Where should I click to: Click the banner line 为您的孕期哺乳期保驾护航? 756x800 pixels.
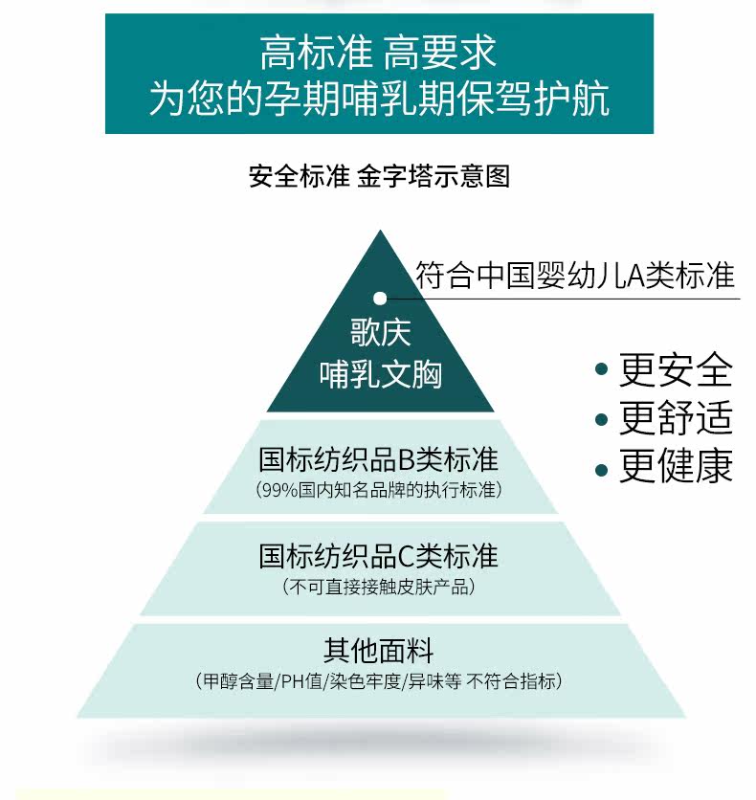[x=378, y=99]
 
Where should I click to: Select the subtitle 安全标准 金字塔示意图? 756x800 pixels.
[x=379, y=177]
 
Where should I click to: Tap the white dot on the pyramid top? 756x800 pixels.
[x=380, y=299]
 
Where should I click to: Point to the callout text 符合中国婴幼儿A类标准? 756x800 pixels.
[x=575, y=276]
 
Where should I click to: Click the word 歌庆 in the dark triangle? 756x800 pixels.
[x=380, y=333]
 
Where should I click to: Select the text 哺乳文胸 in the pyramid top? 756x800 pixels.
[x=380, y=374]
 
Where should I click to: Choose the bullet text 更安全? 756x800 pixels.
[x=676, y=369]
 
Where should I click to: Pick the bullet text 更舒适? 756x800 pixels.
[x=676, y=419]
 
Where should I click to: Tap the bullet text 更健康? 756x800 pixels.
[x=676, y=468]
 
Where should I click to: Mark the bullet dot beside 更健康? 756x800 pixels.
[x=601, y=469]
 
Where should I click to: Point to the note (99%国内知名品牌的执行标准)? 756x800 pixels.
[x=379, y=491]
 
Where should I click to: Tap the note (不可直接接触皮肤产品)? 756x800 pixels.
[x=379, y=587]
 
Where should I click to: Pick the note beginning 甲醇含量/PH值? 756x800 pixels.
[x=378, y=682]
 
